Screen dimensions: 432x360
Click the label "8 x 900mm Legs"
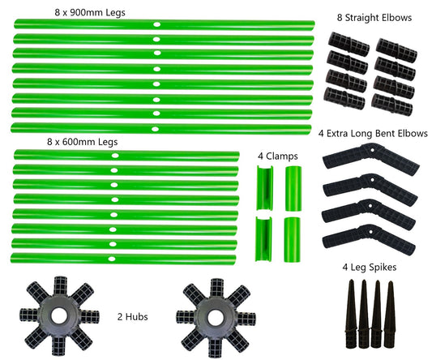click(90, 12)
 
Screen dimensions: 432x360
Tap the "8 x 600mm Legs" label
click(82, 142)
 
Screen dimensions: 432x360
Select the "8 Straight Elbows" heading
click(374, 18)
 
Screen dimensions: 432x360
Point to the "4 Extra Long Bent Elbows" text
click(373, 134)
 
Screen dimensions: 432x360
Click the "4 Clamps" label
click(278, 156)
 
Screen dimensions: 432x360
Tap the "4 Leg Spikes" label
click(370, 267)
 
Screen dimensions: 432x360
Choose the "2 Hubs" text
click(133, 317)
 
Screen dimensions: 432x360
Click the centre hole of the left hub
click(59, 315)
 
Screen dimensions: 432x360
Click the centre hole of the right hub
click(215, 317)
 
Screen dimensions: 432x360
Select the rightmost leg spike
click(390, 314)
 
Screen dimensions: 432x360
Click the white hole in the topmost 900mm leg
click(157, 24)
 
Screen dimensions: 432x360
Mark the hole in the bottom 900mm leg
click(155, 129)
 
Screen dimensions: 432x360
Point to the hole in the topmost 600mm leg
click(115, 156)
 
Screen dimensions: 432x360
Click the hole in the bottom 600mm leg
click(112, 259)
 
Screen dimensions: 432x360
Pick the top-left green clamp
click(264, 188)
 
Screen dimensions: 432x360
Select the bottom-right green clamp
click(292, 239)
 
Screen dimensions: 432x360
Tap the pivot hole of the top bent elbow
click(372, 151)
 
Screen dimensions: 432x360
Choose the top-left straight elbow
click(349, 44)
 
